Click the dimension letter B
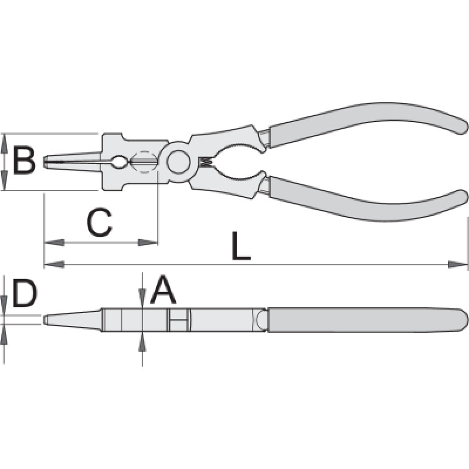(x=25, y=160)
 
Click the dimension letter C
(x=99, y=222)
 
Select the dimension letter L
(x=241, y=246)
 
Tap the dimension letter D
(x=25, y=293)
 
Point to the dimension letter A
(x=163, y=289)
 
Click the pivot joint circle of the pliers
(x=179, y=162)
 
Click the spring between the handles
(x=207, y=162)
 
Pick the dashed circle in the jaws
(x=144, y=162)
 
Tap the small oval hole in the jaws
(x=119, y=162)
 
